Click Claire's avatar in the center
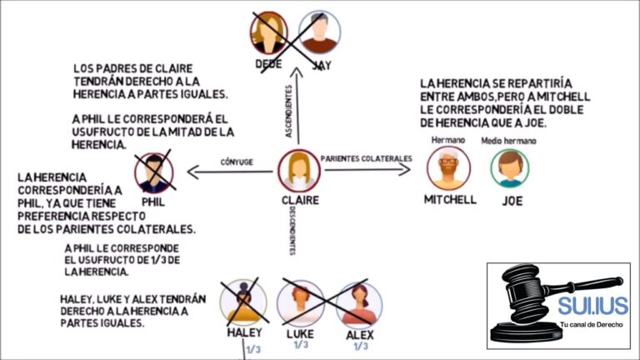pos(298,170)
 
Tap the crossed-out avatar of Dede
pos(268,31)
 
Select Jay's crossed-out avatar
pos(319,31)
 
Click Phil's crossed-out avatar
pos(153,172)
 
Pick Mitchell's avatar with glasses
pos(448,168)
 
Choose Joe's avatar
pos(510,168)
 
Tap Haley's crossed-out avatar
pos(243,301)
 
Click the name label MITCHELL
pos(450,200)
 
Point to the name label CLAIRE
pos(300,201)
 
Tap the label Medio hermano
pos(508,141)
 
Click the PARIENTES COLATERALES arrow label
pos(367,158)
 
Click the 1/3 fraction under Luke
pos(300,344)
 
